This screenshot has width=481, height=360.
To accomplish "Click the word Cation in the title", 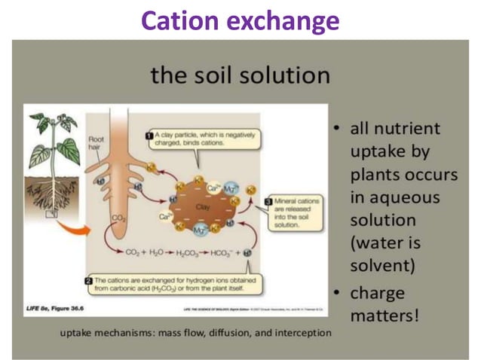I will click(x=178, y=20).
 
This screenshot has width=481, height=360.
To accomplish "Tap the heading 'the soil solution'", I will click(x=240, y=75).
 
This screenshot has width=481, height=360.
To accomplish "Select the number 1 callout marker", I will click(x=149, y=136).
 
